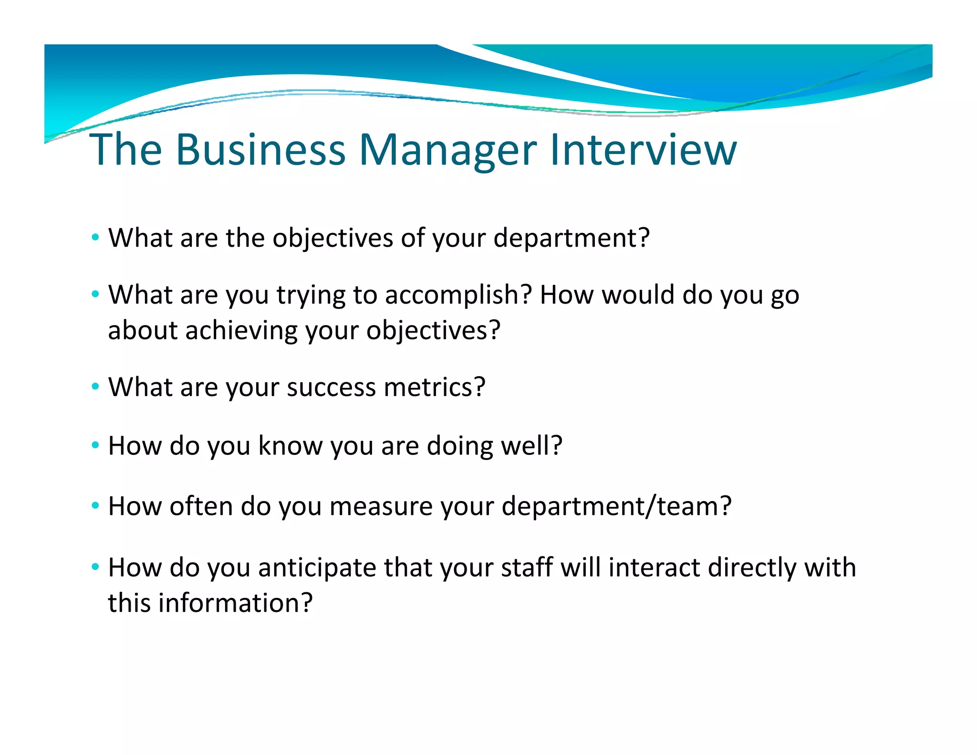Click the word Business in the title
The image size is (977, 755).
tap(260, 150)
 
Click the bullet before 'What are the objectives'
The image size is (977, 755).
tap(95, 237)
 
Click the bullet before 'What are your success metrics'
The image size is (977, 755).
tap(95, 386)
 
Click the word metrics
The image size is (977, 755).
tap(434, 387)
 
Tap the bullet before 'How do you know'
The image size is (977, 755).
tap(95, 445)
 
